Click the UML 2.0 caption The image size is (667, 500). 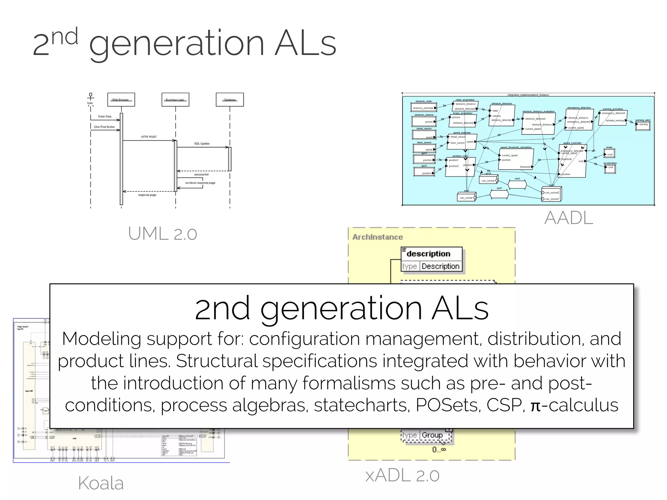[163, 234]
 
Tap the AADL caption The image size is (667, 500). [569, 218]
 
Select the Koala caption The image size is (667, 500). [101, 483]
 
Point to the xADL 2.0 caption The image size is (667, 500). [402, 476]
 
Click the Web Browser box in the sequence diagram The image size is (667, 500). [121, 100]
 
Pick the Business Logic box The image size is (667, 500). [175, 100]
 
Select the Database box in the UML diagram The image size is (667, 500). [230, 100]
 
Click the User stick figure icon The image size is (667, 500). [91, 97]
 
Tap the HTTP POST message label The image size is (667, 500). [149, 137]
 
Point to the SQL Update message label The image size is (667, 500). [202, 144]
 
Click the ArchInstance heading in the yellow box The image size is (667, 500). [377, 237]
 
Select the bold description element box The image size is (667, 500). [431, 254]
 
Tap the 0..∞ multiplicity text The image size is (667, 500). [439, 450]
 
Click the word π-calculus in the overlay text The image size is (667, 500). [574, 405]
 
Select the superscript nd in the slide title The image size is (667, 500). [65, 36]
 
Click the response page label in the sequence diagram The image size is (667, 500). [147, 195]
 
